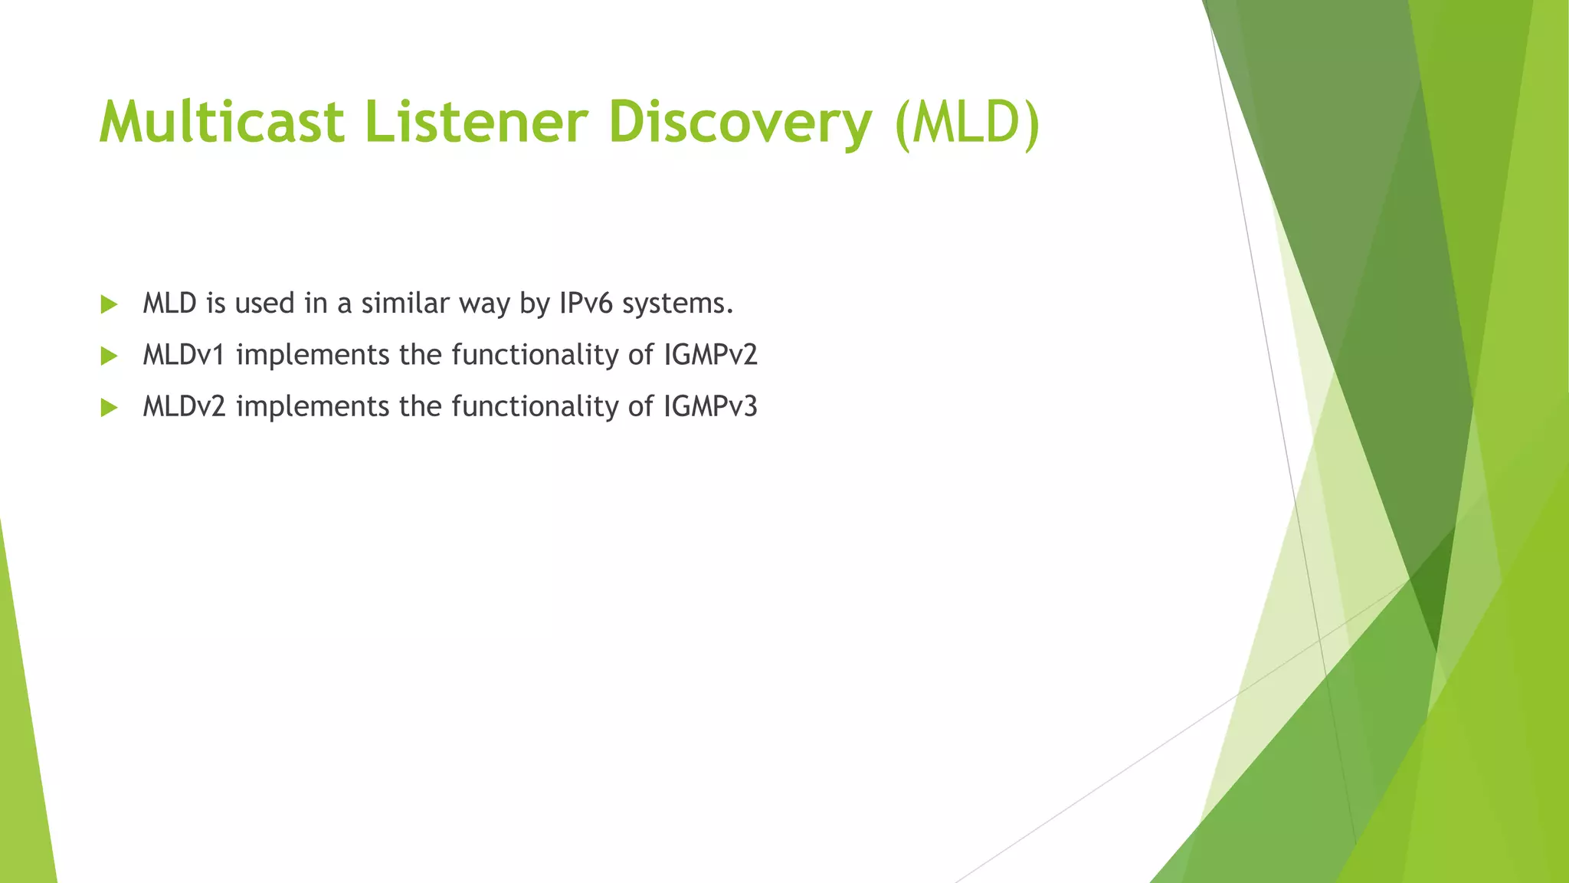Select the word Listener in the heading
[x=476, y=123]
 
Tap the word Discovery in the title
[x=740, y=123]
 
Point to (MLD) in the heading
[x=967, y=123]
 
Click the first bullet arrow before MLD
[x=109, y=304]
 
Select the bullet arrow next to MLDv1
[x=109, y=356]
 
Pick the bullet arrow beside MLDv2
[x=109, y=407]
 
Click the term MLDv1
[x=184, y=355]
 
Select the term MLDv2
[x=184, y=406]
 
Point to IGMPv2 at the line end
[x=710, y=355]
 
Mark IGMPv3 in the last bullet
[x=710, y=406]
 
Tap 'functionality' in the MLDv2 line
[x=535, y=407]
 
